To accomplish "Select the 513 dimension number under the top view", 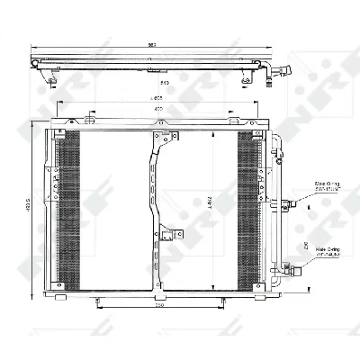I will click(155, 84).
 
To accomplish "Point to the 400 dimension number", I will click(158, 109).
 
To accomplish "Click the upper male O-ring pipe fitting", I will click(285, 205).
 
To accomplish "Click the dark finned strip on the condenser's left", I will click(68, 206).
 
